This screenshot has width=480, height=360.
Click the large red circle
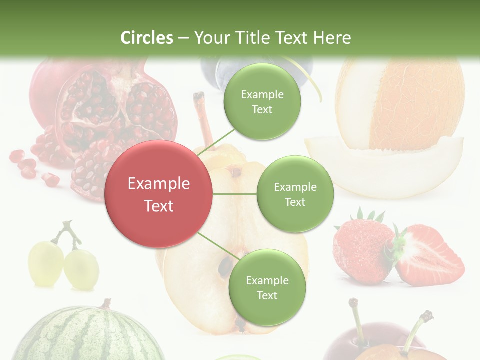[x=159, y=194]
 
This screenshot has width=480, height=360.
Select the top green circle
[x=262, y=101]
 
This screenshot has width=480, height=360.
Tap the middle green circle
[x=295, y=194]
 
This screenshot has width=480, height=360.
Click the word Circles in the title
[x=147, y=38]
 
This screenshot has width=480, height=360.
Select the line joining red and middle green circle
[x=235, y=194]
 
